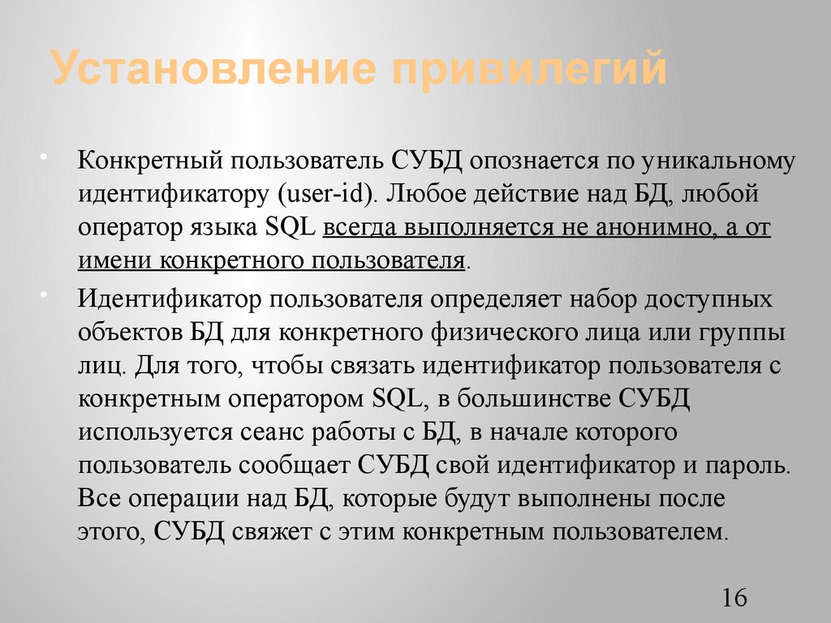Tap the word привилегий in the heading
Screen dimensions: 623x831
[531, 70]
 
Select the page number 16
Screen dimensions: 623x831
[733, 599]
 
